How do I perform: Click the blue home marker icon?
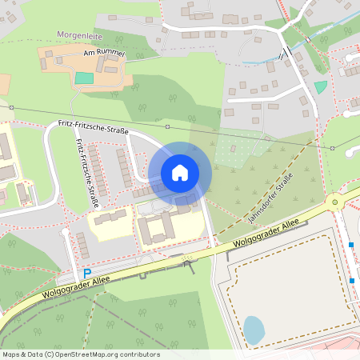[x=180, y=172]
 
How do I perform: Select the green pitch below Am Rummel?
[x=84, y=78]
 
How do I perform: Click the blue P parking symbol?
[x=87, y=273]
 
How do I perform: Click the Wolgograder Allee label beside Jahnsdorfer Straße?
[x=261, y=238]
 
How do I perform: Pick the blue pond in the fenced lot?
[x=254, y=330]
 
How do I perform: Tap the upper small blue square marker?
[x=350, y=245]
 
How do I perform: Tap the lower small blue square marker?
[x=352, y=280]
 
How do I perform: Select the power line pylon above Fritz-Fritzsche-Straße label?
[x=167, y=126]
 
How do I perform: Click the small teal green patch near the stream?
[x=321, y=86]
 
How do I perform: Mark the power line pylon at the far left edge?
[x=12, y=106]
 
